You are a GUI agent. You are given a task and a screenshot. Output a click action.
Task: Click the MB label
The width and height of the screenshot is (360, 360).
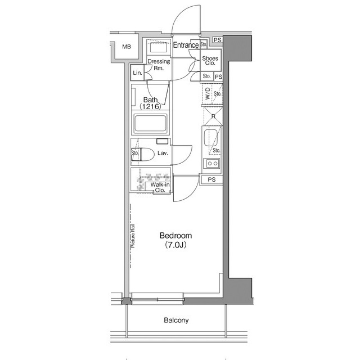(x=127, y=46)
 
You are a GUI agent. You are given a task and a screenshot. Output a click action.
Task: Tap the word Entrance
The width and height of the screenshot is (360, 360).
(x=185, y=45)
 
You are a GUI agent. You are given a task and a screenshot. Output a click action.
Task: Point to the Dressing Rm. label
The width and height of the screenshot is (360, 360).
(x=159, y=65)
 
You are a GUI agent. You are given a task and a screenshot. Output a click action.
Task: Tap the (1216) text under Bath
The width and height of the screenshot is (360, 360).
(x=150, y=106)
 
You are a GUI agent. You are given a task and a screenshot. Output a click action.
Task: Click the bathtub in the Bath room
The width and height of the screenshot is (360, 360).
(x=150, y=123)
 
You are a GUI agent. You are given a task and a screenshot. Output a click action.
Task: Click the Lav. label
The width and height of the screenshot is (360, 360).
(x=163, y=152)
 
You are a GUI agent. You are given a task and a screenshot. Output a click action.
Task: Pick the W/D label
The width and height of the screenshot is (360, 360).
(x=207, y=93)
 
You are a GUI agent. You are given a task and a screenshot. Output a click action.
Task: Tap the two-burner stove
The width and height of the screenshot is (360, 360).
(x=213, y=164)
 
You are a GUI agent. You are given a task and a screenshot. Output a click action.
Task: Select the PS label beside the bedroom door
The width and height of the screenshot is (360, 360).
(x=211, y=180)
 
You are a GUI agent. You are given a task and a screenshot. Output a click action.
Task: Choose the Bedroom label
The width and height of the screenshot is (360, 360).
(x=175, y=236)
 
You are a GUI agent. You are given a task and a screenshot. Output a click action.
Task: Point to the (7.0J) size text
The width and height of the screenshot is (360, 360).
(x=175, y=245)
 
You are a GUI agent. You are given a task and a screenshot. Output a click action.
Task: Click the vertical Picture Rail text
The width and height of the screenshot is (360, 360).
(x=133, y=236)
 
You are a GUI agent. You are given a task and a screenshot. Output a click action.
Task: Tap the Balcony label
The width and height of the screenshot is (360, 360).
(x=177, y=321)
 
